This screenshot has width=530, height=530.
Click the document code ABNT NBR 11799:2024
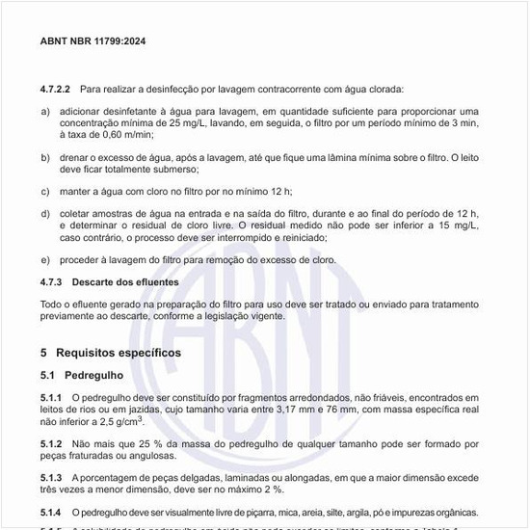click(x=93, y=41)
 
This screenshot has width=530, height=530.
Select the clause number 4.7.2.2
click(x=55, y=89)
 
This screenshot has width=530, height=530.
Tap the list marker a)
click(x=45, y=111)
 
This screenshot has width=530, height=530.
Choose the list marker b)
click(x=45, y=156)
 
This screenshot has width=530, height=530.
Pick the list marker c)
click(x=45, y=190)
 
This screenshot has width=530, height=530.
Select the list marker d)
click(x=45, y=212)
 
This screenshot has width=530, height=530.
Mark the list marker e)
click(x=45, y=259)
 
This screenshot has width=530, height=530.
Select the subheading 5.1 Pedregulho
click(x=82, y=375)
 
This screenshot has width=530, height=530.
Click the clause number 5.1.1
click(x=52, y=398)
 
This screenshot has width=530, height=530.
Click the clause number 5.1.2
click(x=52, y=443)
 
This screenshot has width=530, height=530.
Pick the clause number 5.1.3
click(x=52, y=477)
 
